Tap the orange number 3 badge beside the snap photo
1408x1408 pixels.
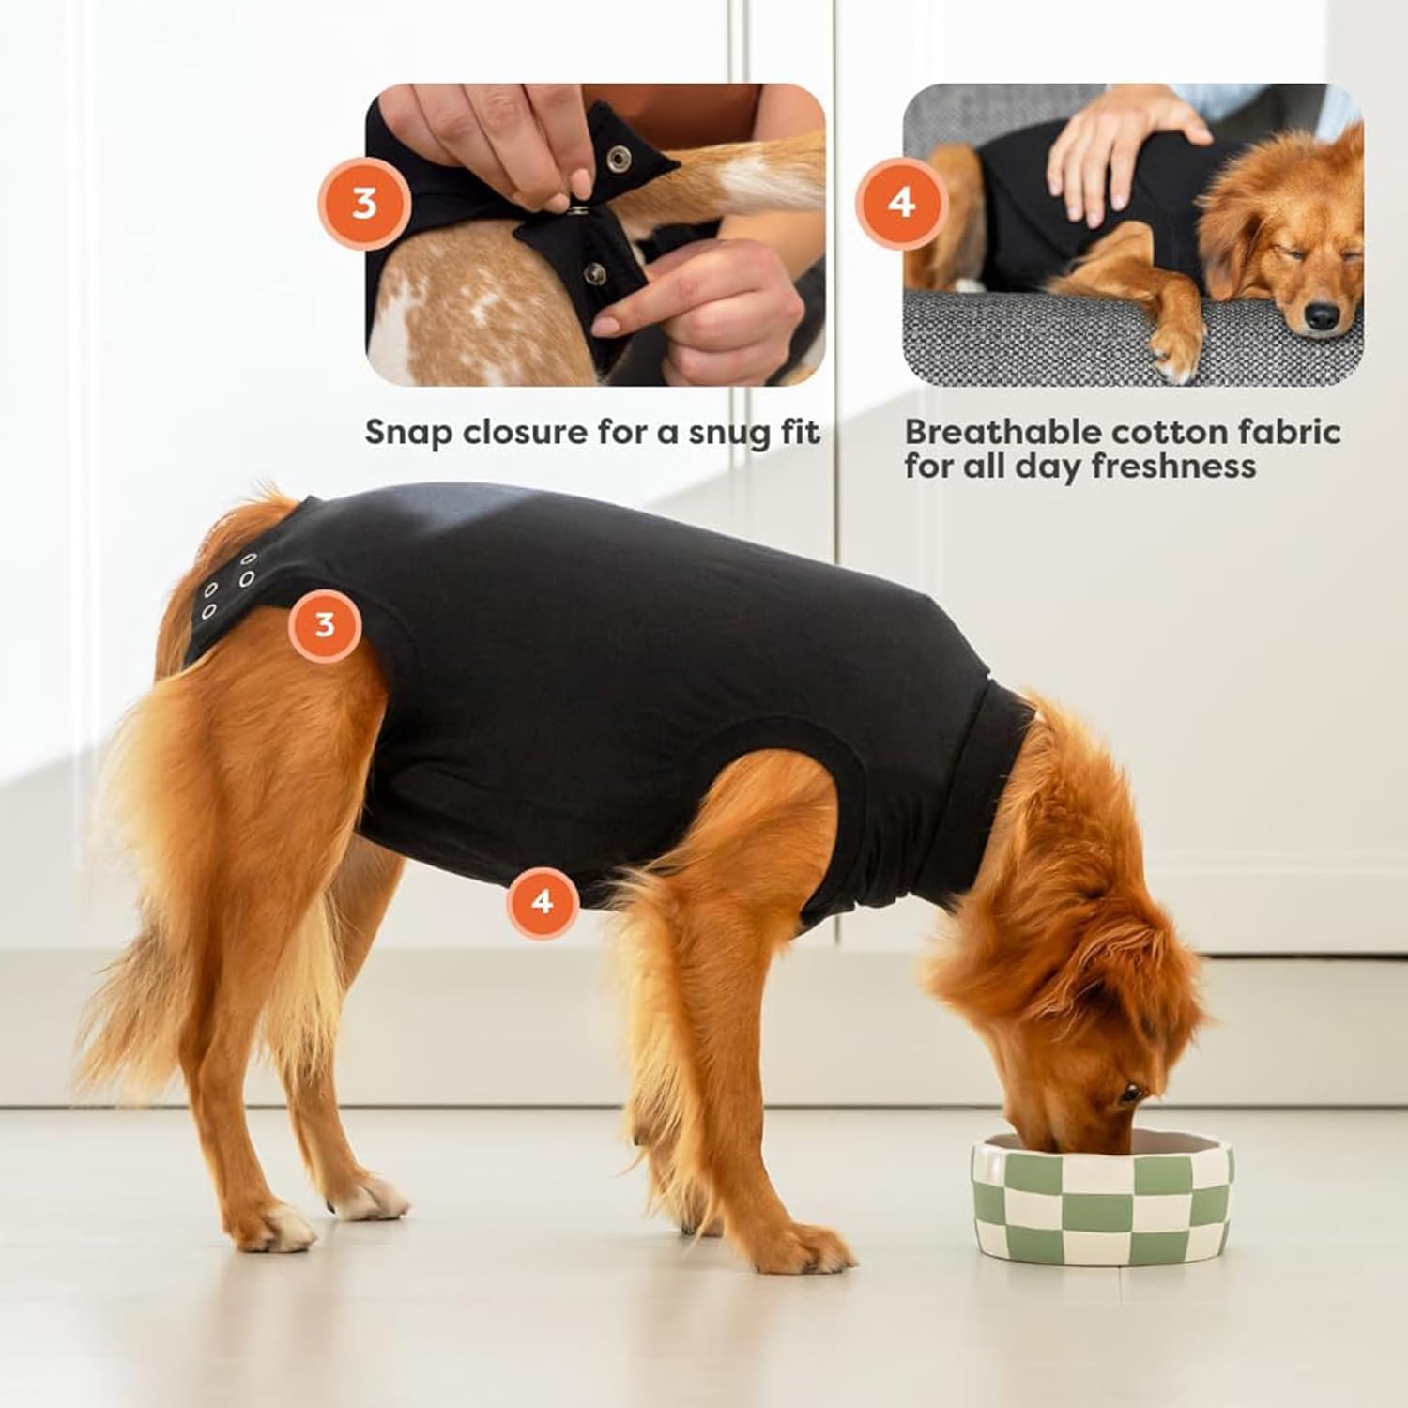point(364,203)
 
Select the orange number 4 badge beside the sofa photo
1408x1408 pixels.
point(901,203)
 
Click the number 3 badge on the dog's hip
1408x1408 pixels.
point(324,624)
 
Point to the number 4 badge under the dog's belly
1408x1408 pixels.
point(542,902)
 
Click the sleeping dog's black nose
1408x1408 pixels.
point(1323,316)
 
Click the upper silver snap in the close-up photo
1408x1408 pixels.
point(618,159)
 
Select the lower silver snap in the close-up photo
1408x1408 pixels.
point(595,273)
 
